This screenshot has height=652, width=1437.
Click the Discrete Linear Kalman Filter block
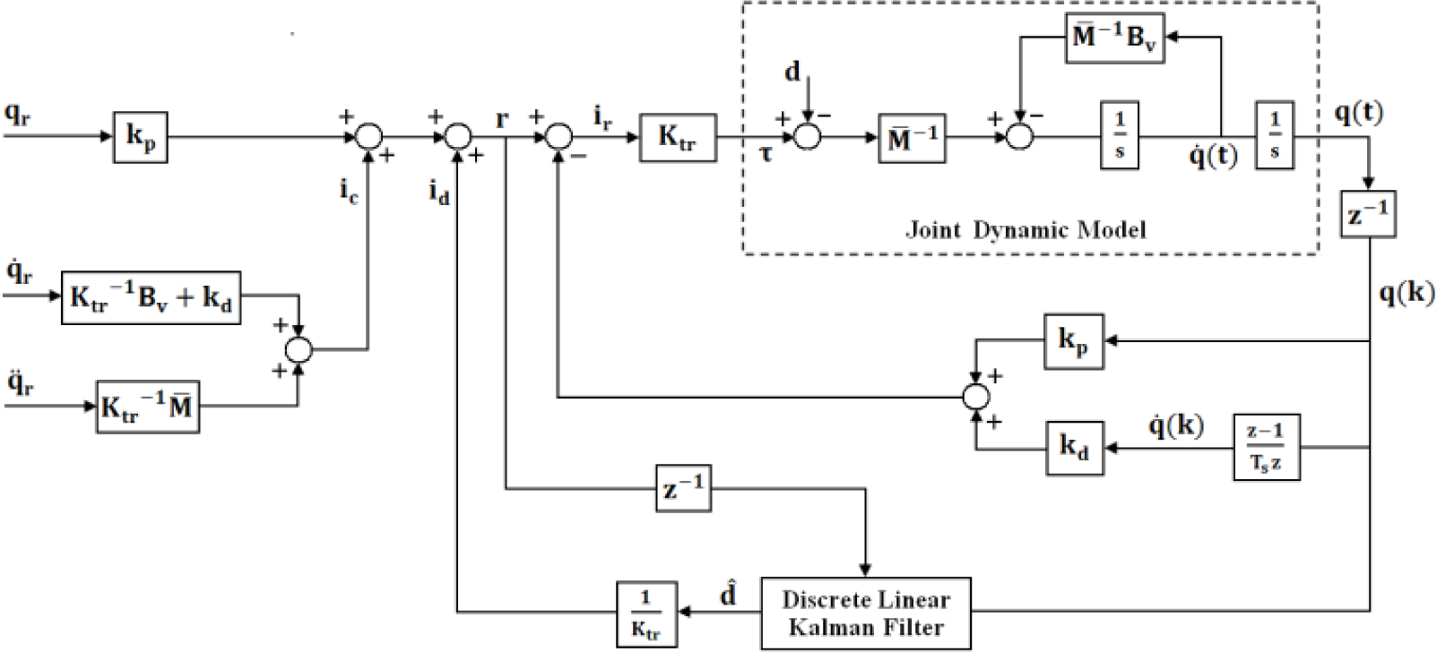(865, 613)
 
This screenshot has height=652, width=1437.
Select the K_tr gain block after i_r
(678, 138)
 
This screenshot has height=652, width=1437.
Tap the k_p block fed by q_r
(141, 137)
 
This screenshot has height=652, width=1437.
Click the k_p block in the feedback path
(1074, 341)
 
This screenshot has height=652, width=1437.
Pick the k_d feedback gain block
(1075, 448)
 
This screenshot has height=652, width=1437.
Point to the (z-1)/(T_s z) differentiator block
(1267, 448)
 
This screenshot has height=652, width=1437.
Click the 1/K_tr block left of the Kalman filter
(646, 613)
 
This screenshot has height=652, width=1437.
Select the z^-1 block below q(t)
(1368, 214)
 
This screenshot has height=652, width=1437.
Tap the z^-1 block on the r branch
(683, 488)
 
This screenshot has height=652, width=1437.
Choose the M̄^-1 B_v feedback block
(1114, 38)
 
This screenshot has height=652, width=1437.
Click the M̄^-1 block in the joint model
(912, 138)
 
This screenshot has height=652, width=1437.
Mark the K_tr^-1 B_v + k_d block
(151, 297)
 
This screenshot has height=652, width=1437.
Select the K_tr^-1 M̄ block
(148, 407)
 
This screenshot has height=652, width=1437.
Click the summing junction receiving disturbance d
(807, 136)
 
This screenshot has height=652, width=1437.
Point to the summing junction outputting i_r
(558, 136)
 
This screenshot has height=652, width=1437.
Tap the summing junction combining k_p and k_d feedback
(975, 397)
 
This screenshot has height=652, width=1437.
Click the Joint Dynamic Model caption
(1026, 229)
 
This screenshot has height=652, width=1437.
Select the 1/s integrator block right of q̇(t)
(1274, 135)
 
